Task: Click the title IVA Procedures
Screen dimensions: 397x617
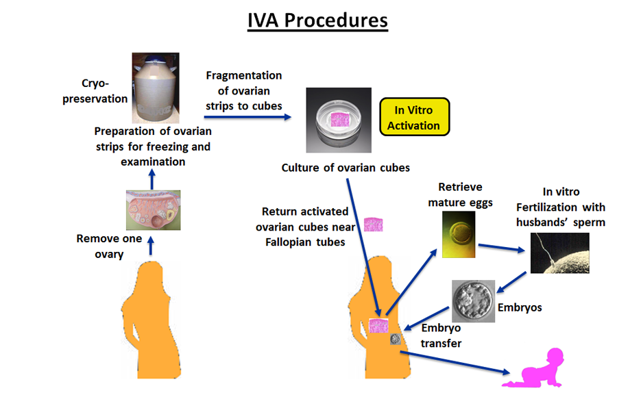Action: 317,21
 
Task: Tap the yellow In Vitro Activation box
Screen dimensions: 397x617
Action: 414,118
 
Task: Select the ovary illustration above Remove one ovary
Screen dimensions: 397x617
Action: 153,209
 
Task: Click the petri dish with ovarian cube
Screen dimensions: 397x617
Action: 338,120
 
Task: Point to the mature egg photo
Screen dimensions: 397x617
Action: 458,233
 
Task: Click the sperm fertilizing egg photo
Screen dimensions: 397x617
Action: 559,253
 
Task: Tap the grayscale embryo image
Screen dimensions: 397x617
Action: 474,301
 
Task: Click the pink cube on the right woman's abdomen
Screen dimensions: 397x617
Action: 379,325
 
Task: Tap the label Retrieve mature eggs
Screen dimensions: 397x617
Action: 460,194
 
